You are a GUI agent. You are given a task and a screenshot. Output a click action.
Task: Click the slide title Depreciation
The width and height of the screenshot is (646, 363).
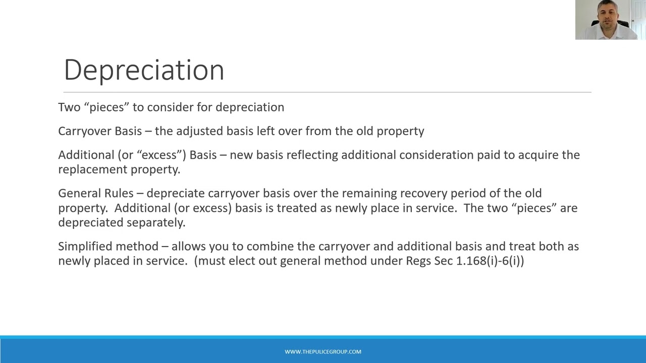tap(144, 70)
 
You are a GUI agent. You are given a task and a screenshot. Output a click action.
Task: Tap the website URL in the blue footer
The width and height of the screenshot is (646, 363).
tap(323, 352)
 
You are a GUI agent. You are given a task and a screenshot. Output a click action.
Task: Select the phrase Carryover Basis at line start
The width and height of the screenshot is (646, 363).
tap(100, 131)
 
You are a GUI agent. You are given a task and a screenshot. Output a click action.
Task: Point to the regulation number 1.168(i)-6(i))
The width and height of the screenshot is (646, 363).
tap(490, 261)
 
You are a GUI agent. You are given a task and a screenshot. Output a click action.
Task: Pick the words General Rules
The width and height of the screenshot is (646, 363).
tap(96, 194)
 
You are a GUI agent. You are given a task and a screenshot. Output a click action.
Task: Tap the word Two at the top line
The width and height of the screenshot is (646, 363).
tap(69, 107)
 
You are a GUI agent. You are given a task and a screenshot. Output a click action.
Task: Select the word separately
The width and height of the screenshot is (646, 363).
tap(156, 223)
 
